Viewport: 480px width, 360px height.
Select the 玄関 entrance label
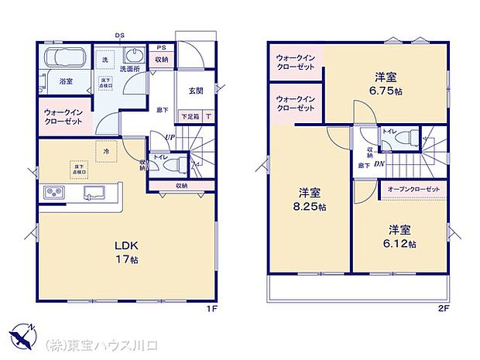click(x=195, y=90)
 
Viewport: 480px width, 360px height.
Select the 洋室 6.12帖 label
click(x=400, y=236)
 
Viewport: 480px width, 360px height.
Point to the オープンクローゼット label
click(x=412, y=189)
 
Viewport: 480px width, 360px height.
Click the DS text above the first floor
click(x=120, y=35)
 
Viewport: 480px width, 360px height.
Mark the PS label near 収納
click(x=161, y=47)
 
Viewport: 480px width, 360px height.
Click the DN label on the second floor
click(x=379, y=163)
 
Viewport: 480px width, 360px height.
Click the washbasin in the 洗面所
click(x=133, y=58)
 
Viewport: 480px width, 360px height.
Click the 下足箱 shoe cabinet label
click(x=189, y=117)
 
